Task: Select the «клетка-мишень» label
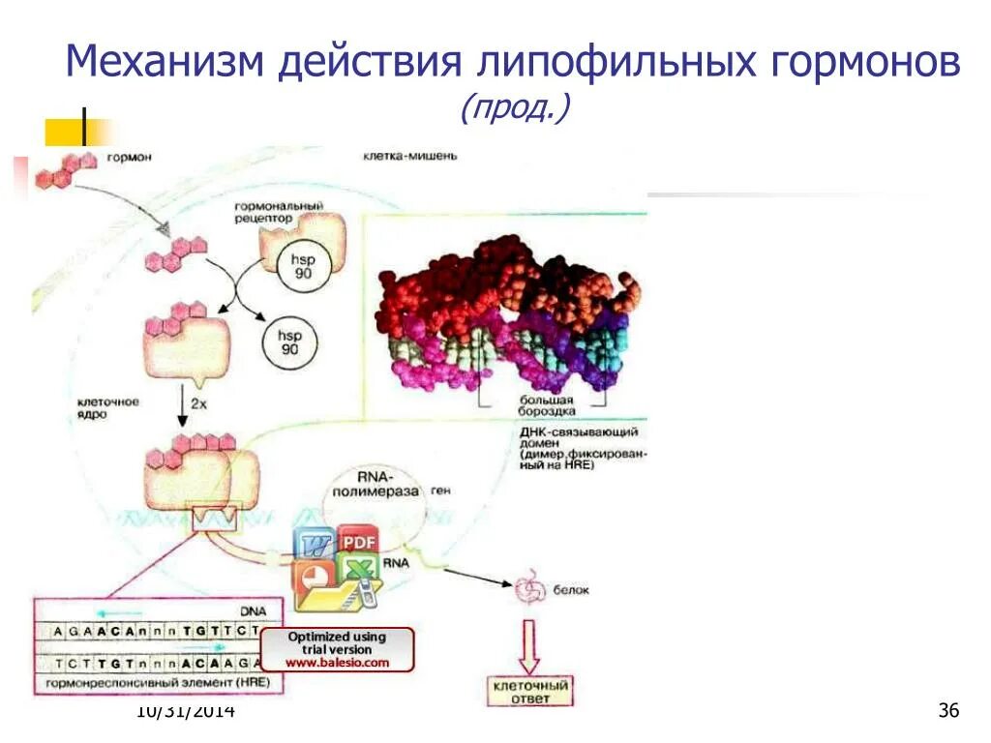pos(405,155)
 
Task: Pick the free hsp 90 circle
pos(289,341)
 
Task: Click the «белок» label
pos(571,590)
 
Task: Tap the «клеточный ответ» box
pos(528,691)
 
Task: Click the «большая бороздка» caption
pos(549,405)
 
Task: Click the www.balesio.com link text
pos(337,663)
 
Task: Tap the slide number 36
pos(948,712)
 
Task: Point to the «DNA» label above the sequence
pos(254,611)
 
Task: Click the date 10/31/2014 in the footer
pos(186,712)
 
